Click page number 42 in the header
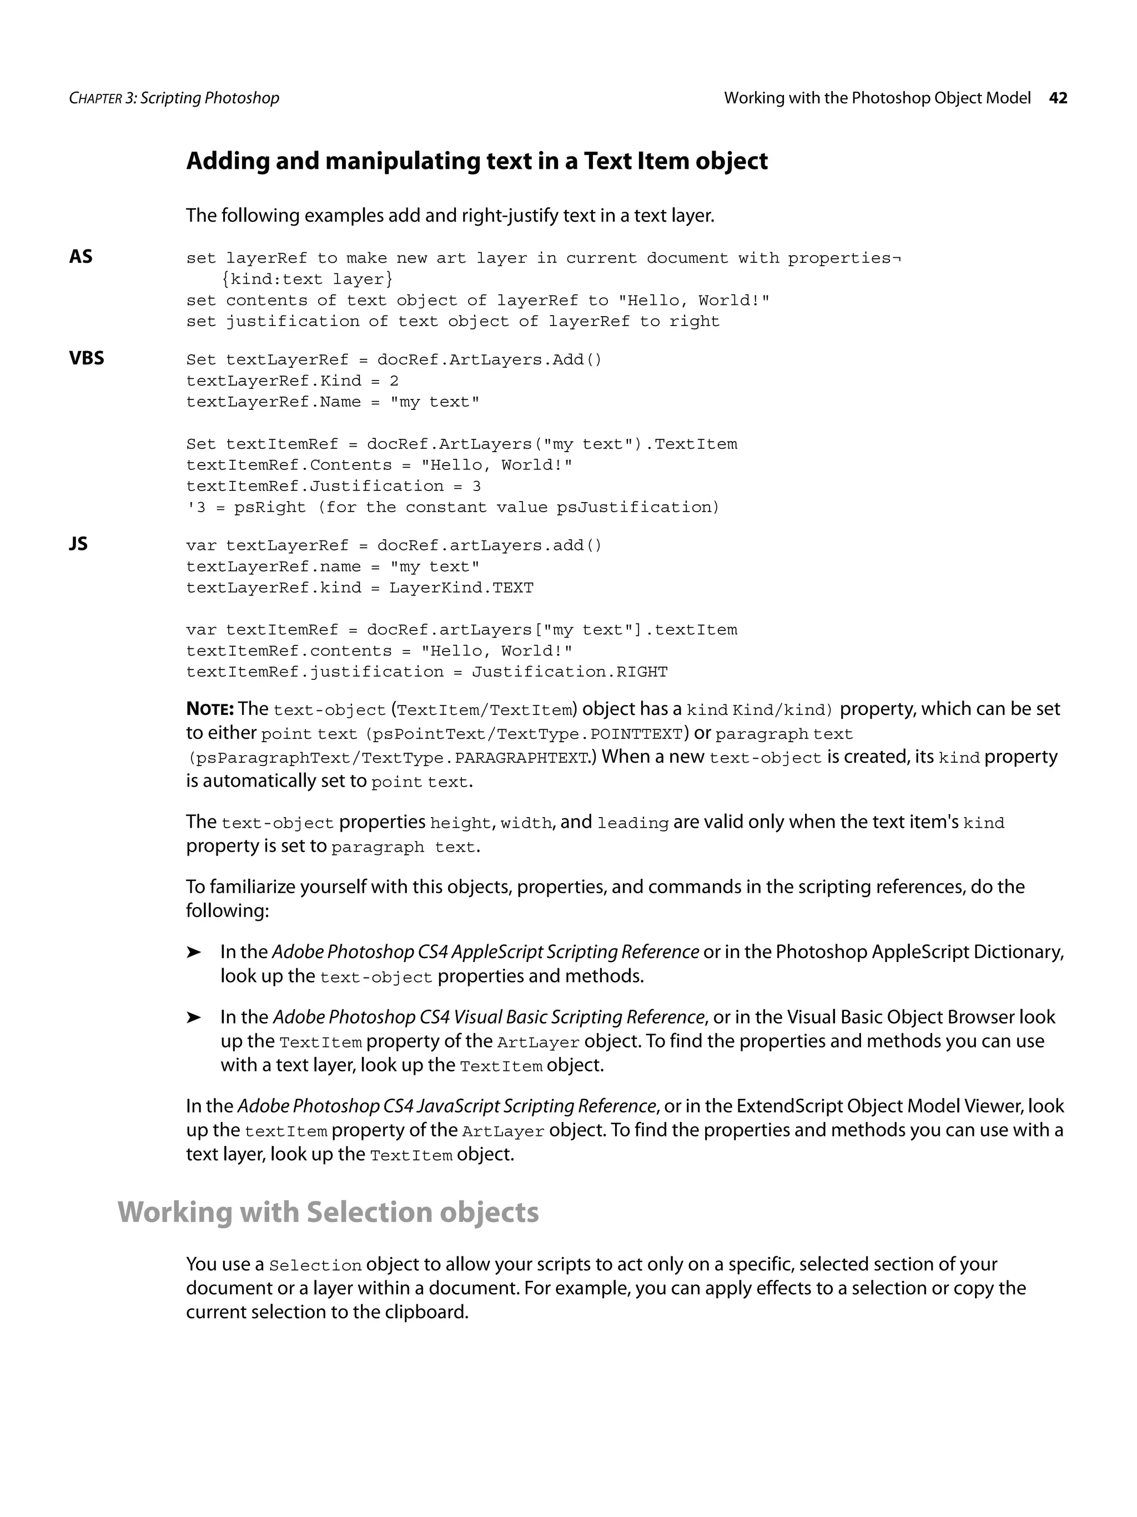(x=1058, y=98)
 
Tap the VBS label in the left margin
(x=87, y=358)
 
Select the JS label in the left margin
(x=78, y=544)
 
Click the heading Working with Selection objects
(x=328, y=1212)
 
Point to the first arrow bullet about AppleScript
(x=194, y=953)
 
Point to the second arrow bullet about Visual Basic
(x=194, y=1018)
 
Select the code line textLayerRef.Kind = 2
(x=292, y=380)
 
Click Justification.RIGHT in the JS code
(x=569, y=672)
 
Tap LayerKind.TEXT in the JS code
(x=461, y=588)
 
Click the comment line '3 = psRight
(x=452, y=508)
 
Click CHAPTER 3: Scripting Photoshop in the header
(x=174, y=98)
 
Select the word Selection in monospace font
(x=315, y=1266)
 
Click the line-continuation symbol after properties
(x=897, y=258)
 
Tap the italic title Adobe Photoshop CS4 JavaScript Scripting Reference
(x=447, y=1106)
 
